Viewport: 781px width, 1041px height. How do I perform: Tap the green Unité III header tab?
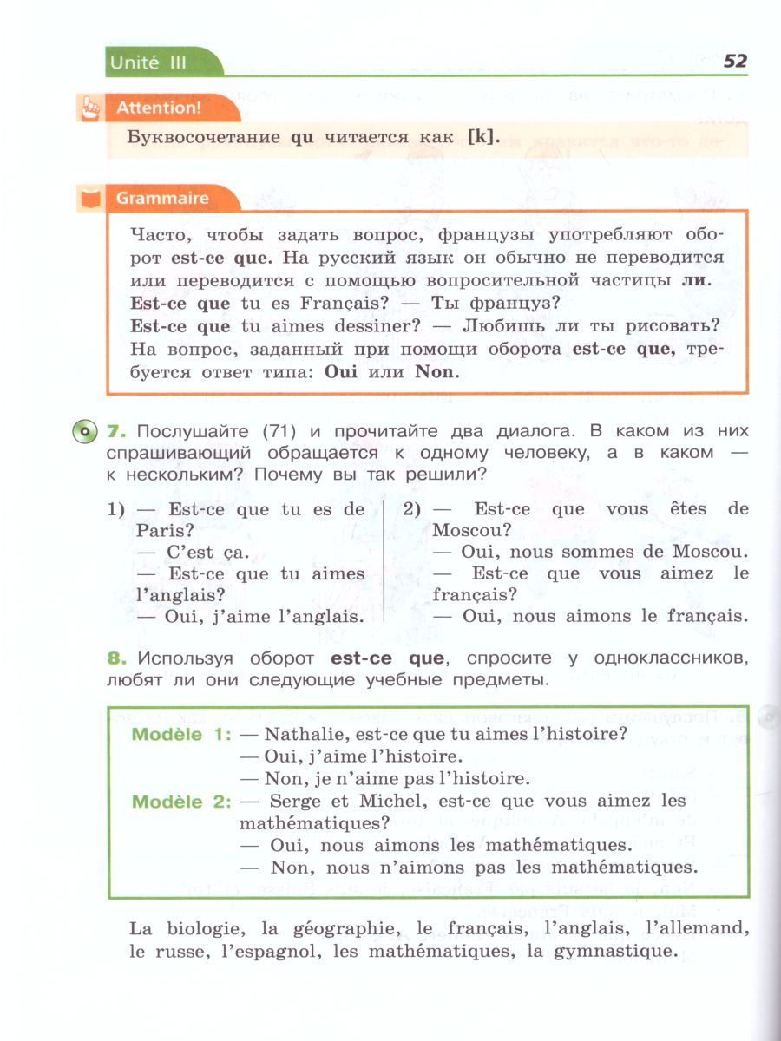148,62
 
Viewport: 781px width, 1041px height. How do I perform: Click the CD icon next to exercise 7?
84,430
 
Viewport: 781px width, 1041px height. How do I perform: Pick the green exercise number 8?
115,658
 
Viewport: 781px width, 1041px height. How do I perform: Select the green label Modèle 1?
180,734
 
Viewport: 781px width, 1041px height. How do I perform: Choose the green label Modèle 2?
180,801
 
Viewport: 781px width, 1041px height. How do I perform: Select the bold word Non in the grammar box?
434,371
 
